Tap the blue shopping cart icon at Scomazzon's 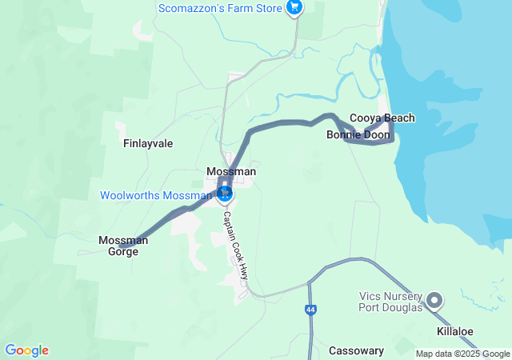(x=295, y=8)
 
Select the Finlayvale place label (x=148, y=144)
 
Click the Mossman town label (x=231, y=172)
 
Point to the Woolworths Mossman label (x=155, y=195)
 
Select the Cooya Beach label (x=382, y=118)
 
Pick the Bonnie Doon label (x=358, y=135)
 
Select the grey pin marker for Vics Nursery (x=435, y=301)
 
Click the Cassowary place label (x=357, y=350)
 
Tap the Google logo (x=26, y=350)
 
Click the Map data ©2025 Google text (x=462, y=354)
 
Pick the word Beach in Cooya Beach (x=400, y=118)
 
